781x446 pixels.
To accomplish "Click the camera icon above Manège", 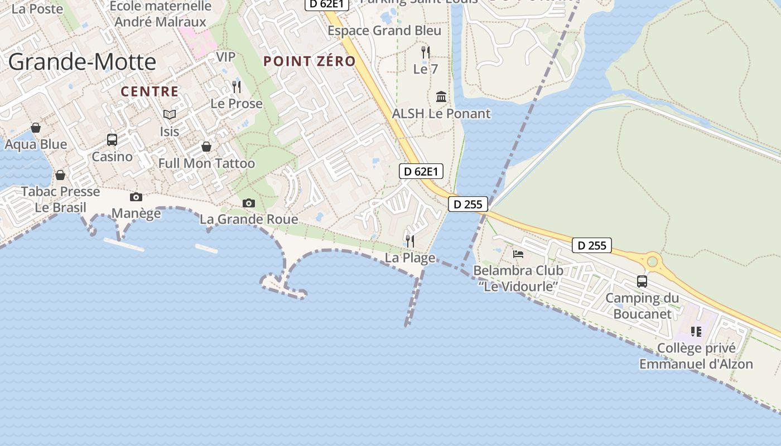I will pos(136,197).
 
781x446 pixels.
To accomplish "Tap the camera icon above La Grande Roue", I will pos(249,203).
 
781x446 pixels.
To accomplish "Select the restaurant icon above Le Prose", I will pos(237,86).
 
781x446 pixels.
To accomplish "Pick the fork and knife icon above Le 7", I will pos(426,52).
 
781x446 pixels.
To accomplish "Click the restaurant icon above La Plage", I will pos(410,241).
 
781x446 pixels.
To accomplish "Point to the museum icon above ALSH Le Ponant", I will pos(441,96).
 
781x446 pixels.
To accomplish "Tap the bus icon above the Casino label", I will pos(112,139).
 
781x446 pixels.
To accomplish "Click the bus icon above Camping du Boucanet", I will pos(642,281).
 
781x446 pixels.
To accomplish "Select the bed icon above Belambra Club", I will pos(518,254).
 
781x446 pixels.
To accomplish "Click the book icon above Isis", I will pos(170,114).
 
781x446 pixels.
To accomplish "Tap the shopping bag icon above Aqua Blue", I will pos(36,128).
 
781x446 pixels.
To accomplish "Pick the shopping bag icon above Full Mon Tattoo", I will pos(206,147).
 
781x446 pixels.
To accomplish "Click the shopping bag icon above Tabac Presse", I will pos(60,175).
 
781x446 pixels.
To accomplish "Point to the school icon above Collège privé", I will pos(696,331).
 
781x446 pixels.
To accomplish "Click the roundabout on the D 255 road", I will pos(653,261).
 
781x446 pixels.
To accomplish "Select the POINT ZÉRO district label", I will pos(310,61).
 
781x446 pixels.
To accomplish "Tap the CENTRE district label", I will pos(150,91).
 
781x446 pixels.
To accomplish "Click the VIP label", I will pos(226,57).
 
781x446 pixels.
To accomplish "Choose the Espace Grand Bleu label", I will pos(384,31).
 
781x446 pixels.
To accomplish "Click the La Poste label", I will pos(37,8).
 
